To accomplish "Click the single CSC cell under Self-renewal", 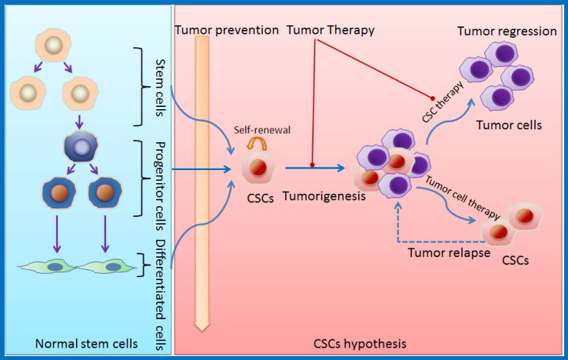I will point(260,168).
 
